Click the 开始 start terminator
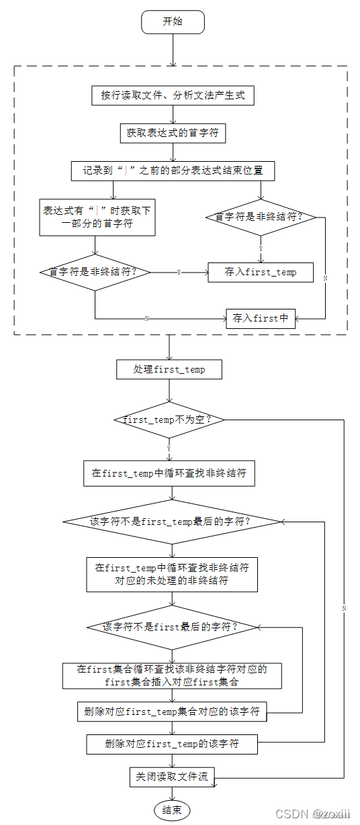tap(173, 22)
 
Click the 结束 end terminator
tap(172, 810)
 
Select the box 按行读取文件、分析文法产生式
tap(173, 95)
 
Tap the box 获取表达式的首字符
tap(173, 133)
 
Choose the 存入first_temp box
tap(261, 272)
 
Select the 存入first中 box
tap(261, 318)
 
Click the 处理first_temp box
tap(169, 369)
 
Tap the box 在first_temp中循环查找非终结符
tap(169, 473)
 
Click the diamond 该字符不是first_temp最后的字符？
tap(172, 522)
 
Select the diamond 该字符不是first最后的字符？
tap(173, 626)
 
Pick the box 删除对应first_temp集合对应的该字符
tap(172, 712)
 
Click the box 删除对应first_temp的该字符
tap(172, 744)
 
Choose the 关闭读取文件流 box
tap(172, 777)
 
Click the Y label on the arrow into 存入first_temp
tap(178, 273)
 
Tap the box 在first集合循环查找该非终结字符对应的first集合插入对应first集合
tap(172, 675)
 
